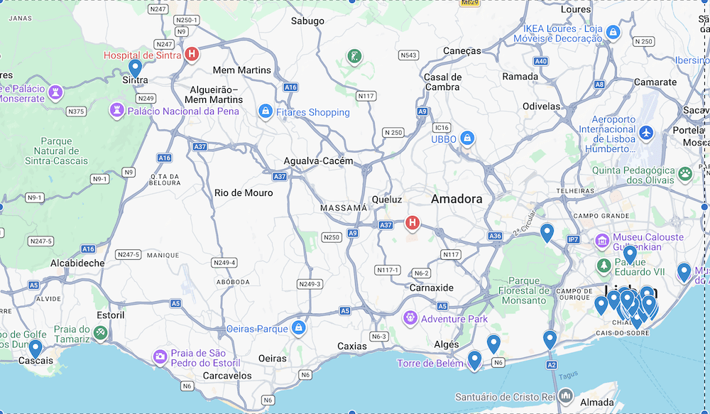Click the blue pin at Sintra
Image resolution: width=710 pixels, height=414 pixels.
[x=135, y=68]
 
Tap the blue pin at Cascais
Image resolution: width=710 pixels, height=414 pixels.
[x=35, y=349]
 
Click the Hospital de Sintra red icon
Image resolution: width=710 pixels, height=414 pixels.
[x=191, y=54]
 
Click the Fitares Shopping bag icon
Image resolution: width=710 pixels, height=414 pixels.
[x=266, y=111]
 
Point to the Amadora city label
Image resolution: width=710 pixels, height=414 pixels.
[x=457, y=199]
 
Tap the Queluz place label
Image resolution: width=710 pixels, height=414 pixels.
[x=387, y=200]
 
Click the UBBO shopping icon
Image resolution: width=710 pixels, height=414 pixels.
[x=466, y=138]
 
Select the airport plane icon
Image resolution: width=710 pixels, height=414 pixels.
[x=646, y=133]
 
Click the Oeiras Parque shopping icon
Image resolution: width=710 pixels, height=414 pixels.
[x=299, y=328]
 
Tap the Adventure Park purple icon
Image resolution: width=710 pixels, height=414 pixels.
[x=410, y=317]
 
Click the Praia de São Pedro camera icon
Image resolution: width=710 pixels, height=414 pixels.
[x=160, y=356]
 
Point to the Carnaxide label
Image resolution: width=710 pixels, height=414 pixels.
[x=432, y=288]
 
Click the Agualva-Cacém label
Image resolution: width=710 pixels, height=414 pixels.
[x=318, y=161]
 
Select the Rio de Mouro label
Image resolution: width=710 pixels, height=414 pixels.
[x=244, y=192]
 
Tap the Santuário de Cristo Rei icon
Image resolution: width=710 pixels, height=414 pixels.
[x=566, y=396]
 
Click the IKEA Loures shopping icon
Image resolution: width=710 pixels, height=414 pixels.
[x=613, y=32]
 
